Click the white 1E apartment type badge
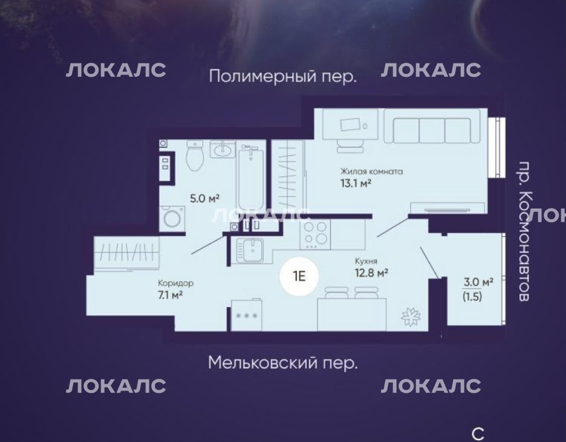299,277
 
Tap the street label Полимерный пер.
282,77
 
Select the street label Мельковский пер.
282,363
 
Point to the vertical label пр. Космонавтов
524,231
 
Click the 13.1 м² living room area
356,183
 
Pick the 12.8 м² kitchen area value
371,272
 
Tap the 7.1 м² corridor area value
170,295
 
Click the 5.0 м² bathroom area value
205,198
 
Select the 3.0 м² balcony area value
478,282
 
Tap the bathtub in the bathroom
250,176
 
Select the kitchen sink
250,250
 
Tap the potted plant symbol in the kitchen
411,317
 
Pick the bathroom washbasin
223,149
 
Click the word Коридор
176,283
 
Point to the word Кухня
366,261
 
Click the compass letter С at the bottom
478,434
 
